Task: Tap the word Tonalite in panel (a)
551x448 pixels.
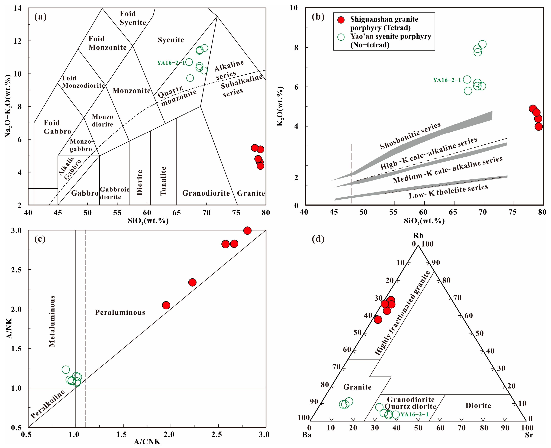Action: click(163, 181)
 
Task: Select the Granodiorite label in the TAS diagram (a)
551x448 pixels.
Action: click(206, 193)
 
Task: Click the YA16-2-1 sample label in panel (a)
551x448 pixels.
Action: click(171, 63)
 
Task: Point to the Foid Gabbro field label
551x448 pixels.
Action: click(57, 127)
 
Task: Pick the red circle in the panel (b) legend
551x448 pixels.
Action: click(341, 20)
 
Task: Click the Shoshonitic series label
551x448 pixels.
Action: click(410, 136)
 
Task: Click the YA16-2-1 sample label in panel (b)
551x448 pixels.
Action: click(447, 80)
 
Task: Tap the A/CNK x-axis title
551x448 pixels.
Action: click(147, 442)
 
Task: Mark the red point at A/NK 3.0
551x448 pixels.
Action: click(247, 231)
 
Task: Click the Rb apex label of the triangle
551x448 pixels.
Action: click(418, 235)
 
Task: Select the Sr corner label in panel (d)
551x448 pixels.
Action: click(529, 435)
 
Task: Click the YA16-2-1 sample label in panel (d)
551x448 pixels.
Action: click(414, 414)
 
